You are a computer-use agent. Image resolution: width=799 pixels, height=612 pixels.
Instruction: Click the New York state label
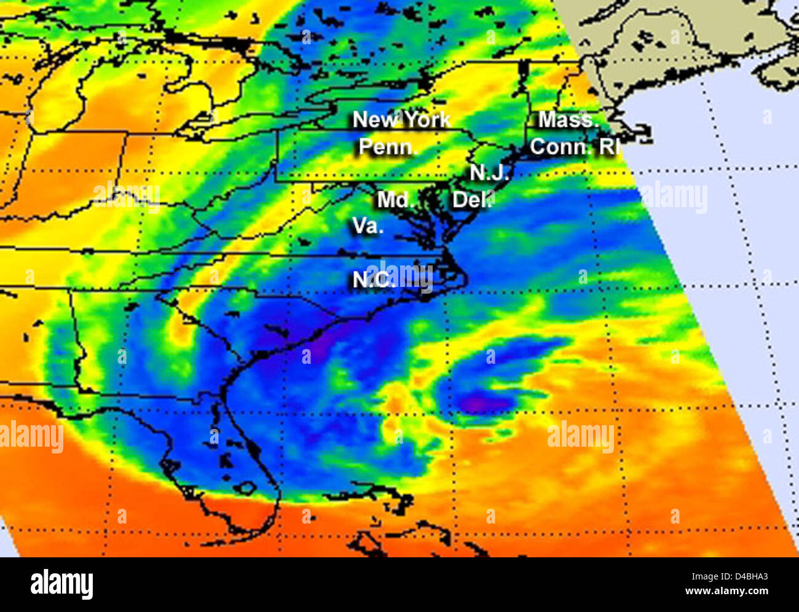click(x=401, y=119)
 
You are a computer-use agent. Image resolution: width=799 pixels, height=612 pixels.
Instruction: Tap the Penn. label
click(x=387, y=147)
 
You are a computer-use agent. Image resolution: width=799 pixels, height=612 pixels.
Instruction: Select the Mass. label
click(x=568, y=119)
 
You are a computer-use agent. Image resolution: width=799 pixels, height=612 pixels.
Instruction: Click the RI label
click(x=609, y=147)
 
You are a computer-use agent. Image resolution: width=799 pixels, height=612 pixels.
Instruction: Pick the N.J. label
click(x=489, y=173)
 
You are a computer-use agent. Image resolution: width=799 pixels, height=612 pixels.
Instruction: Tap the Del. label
click(x=472, y=200)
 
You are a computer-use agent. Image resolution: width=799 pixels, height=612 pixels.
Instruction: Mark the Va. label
click(x=368, y=226)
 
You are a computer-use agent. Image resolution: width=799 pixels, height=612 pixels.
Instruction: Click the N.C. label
click(x=373, y=280)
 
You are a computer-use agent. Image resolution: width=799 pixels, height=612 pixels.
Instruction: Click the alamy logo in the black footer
click(x=61, y=584)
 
